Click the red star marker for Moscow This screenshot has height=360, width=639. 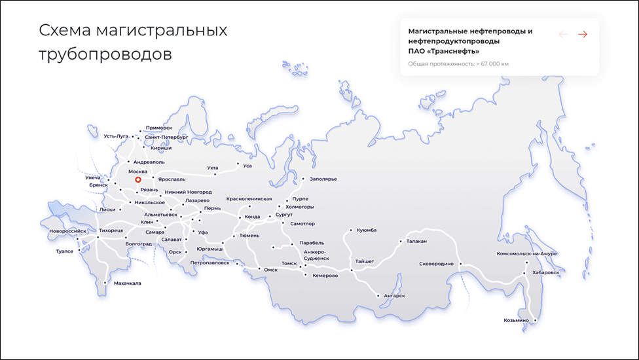[x=137, y=179]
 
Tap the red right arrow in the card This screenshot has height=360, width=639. [x=583, y=34]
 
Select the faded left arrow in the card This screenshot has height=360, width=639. [x=563, y=34]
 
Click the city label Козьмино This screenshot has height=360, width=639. [x=516, y=321]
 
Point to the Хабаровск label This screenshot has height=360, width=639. [x=547, y=272]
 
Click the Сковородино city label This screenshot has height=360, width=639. [x=436, y=264]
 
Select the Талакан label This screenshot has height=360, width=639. [x=416, y=241]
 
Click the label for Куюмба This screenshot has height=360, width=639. [x=367, y=230]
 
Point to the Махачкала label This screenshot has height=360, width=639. [x=127, y=283]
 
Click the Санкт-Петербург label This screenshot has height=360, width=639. [x=166, y=137]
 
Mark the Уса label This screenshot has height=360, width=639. [x=247, y=166]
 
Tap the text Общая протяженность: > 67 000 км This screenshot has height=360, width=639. [x=458, y=63]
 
